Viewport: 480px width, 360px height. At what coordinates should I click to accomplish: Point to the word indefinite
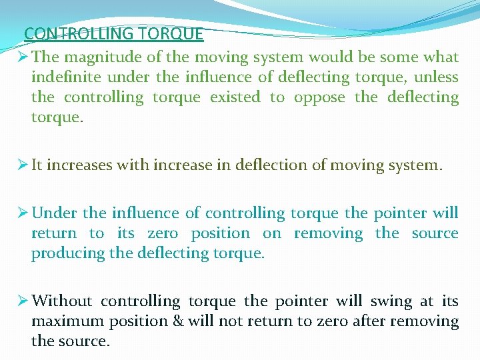pos(63,77)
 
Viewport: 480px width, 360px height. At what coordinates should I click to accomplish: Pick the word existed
pos(235,97)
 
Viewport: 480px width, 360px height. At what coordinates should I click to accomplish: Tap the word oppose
pos(319,97)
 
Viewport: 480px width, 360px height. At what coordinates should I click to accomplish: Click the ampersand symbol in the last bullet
pos(177,321)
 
